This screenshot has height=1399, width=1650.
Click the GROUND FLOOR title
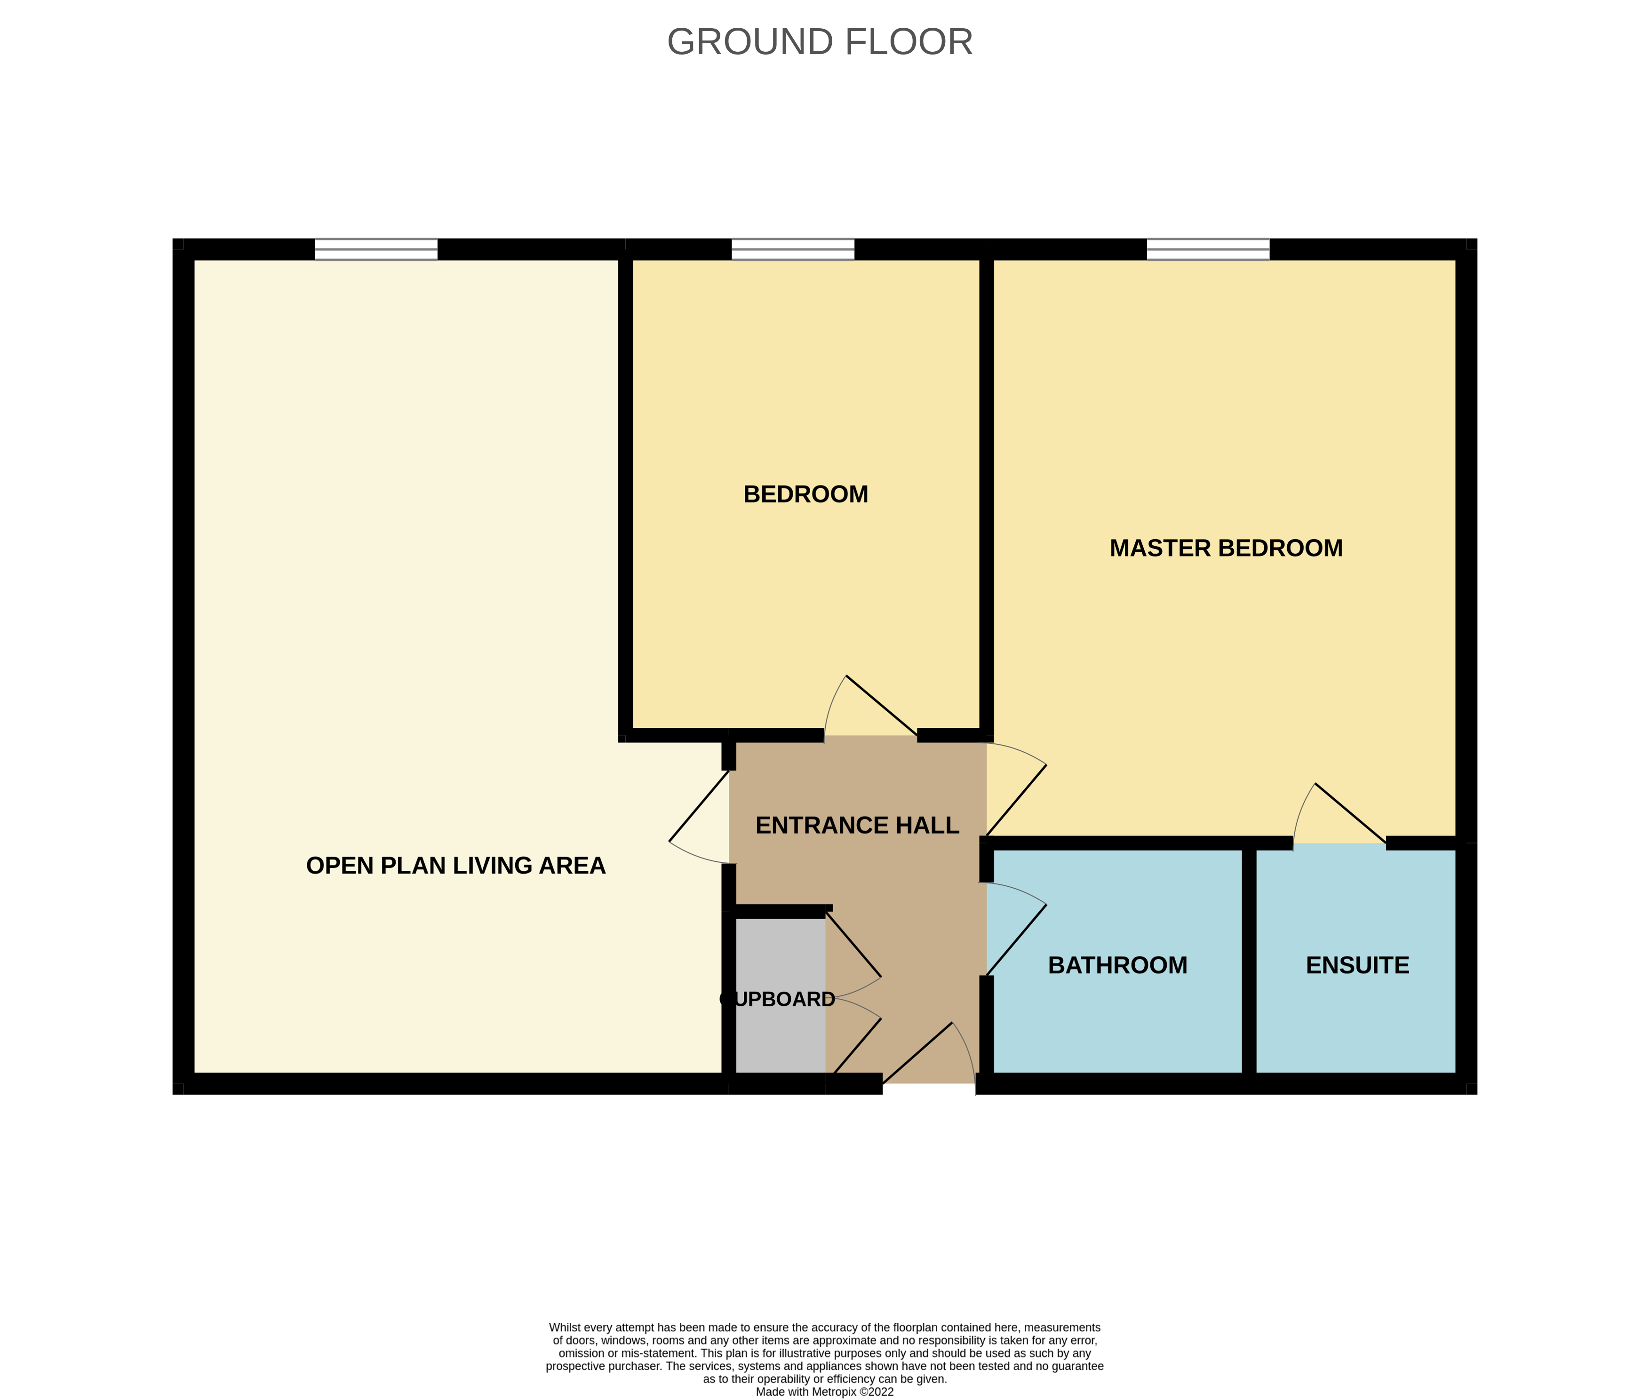pos(820,42)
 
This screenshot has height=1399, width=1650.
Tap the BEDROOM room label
pos(805,494)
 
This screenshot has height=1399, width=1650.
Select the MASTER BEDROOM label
pos(1226,548)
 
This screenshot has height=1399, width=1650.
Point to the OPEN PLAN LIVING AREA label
pos(455,865)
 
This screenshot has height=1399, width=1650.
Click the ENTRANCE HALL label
pos(857,826)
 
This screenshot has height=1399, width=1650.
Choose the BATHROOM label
pos(1117,965)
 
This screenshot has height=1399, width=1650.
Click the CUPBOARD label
pos(777,999)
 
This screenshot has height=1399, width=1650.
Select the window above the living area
pos(376,249)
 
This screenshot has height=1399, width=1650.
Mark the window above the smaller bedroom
pos(792,249)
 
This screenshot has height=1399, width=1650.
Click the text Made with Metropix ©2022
pos(824,1391)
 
